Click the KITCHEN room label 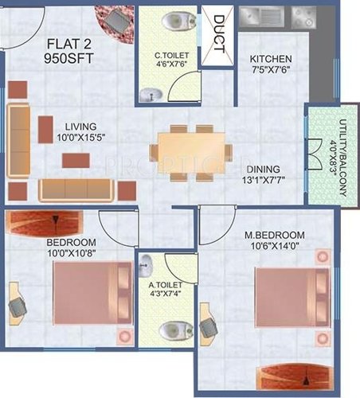[271, 60]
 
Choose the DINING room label [263, 169]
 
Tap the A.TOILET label [166, 284]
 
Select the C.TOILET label [171, 55]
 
